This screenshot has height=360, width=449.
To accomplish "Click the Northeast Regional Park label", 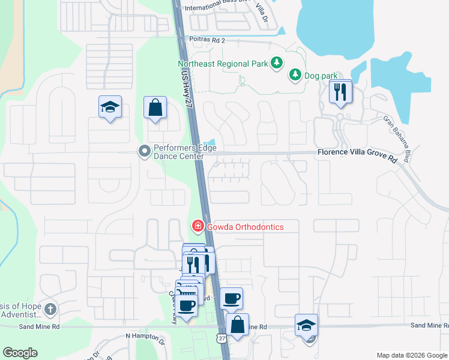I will coord(222,64).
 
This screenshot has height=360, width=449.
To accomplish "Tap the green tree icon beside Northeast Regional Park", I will coord(276,63).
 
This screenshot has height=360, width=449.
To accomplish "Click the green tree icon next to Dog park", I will coord(295,74).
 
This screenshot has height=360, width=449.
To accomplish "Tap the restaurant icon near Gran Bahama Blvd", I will coord(340,92).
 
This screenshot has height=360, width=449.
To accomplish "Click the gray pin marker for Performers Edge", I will coord(144,151).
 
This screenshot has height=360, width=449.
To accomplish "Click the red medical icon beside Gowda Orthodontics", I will coord(196,226).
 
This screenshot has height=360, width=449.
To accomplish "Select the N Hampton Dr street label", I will coord(145,337).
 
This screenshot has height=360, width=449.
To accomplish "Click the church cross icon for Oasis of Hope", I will coord(50,310).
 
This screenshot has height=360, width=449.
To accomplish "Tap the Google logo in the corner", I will coord(20,353).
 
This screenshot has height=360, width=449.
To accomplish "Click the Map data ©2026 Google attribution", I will coord(412,355).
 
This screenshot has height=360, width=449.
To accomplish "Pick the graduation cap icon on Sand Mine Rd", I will coord(306,325).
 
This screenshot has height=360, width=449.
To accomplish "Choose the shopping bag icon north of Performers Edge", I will coord(155,108).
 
